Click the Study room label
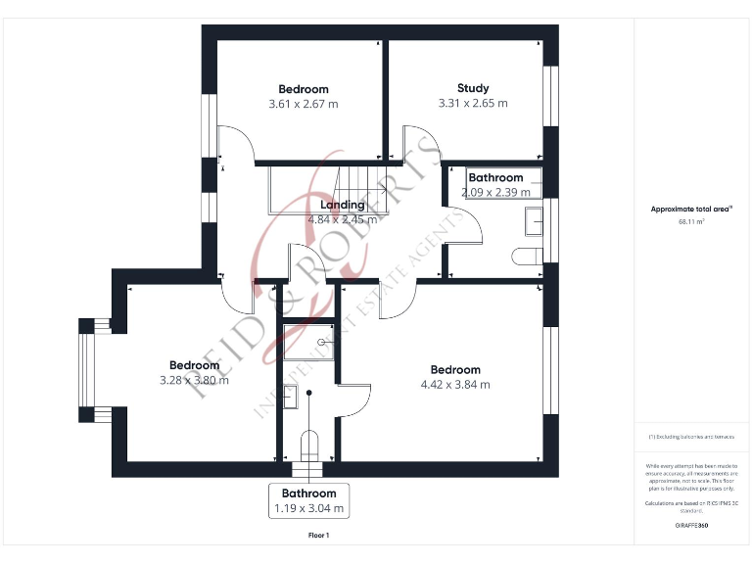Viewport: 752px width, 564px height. pyautogui.click(x=473, y=88)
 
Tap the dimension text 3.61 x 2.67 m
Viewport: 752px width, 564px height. pyautogui.click(x=303, y=104)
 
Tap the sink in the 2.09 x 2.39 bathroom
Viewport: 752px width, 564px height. pyautogui.click(x=534, y=222)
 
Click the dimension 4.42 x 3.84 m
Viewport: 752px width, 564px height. pyautogui.click(x=455, y=385)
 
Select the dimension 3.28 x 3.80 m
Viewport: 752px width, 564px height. pyautogui.click(x=194, y=380)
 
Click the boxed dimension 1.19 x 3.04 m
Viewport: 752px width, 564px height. pyautogui.click(x=308, y=508)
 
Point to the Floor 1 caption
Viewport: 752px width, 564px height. pyautogui.click(x=319, y=536)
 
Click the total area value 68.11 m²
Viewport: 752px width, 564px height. pyautogui.click(x=691, y=222)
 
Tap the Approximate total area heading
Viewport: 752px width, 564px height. pyautogui.click(x=691, y=209)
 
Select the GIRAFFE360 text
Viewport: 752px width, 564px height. pyautogui.click(x=691, y=526)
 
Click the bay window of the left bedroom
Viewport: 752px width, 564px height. pyautogui.click(x=88, y=369)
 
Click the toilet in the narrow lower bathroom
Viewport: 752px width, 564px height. pyautogui.click(x=308, y=446)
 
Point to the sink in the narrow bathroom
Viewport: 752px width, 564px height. pyautogui.click(x=290, y=397)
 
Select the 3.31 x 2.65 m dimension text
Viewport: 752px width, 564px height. pyautogui.click(x=473, y=103)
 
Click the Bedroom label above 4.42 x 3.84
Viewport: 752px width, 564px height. pyautogui.click(x=455, y=369)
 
